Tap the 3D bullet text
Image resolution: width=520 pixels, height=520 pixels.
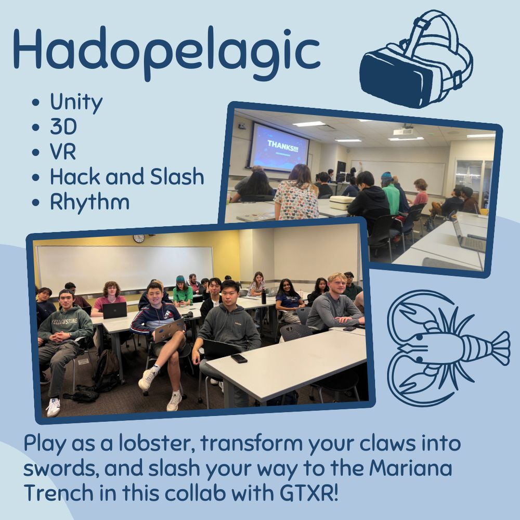[x=63, y=126]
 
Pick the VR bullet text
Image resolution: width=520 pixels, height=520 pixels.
[x=63, y=151]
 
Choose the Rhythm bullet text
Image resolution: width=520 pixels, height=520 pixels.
[x=89, y=202]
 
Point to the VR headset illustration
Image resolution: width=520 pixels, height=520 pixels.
[x=416, y=60]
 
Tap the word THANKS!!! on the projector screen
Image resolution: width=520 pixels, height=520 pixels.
[x=282, y=146]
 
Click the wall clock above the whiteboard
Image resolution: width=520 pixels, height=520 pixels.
[x=139, y=238]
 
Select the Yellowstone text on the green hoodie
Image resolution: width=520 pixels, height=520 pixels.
[x=64, y=321]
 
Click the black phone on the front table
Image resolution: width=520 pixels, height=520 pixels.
[x=239, y=358]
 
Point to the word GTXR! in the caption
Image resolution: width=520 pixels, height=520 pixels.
[x=309, y=492]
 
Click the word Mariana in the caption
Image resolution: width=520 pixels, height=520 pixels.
[x=411, y=468]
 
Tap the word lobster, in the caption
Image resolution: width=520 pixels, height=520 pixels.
[x=157, y=443]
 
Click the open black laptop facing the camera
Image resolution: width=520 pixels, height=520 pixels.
[x=114, y=310]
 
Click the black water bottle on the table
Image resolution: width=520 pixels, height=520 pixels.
[x=264, y=297]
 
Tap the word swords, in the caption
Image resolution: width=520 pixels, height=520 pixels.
[x=61, y=469]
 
